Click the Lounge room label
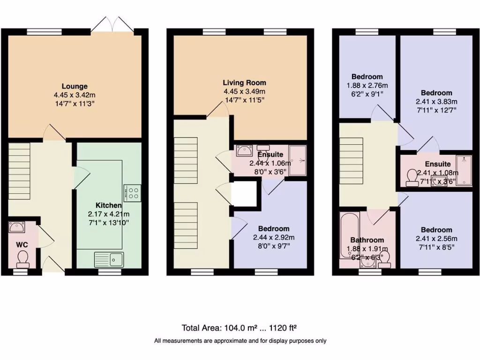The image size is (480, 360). [x=75, y=86]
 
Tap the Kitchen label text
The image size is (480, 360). [x=109, y=205]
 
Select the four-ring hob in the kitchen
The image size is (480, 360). [x=133, y=193]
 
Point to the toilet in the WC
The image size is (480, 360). [x=22, y=258]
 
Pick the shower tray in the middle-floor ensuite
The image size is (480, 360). [x=298, y=160]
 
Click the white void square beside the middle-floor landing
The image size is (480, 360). [x=245, y=193]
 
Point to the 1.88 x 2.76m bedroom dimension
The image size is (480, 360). [x=367, y=85]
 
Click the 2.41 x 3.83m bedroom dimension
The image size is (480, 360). [x=436, y=102]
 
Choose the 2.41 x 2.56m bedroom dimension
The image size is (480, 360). [x=436, y=238]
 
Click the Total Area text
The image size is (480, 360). [x=240, y=328]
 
